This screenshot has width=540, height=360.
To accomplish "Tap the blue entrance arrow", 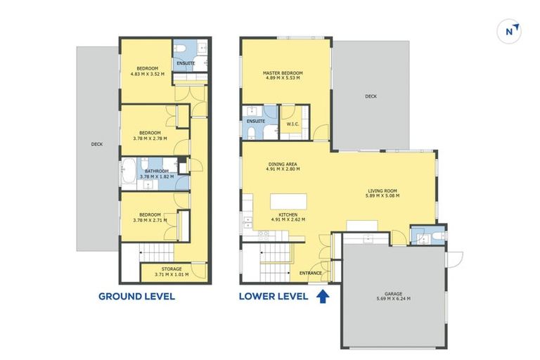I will pos(323,296).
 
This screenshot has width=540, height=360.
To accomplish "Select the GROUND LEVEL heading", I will pos(136,297).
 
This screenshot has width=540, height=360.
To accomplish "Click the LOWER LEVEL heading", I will pos(274,297).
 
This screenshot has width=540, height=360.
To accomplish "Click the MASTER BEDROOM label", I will pos(283,72).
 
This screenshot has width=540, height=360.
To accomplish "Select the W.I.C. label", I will pos(293,125).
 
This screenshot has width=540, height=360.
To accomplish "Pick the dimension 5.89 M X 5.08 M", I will pos(382,195).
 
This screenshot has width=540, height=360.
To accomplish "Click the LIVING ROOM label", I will pos(382,190).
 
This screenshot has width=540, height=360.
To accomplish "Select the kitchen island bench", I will pos(288,202).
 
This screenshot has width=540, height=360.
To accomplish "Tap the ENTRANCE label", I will pos(311,273).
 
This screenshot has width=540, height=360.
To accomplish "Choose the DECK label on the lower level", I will pos(371,96).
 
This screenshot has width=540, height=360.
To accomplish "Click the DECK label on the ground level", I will pos(96,145).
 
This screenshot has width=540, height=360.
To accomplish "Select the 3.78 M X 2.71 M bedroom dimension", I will pos(150,220).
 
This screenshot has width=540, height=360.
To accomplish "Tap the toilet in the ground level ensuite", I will pos(181,49).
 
